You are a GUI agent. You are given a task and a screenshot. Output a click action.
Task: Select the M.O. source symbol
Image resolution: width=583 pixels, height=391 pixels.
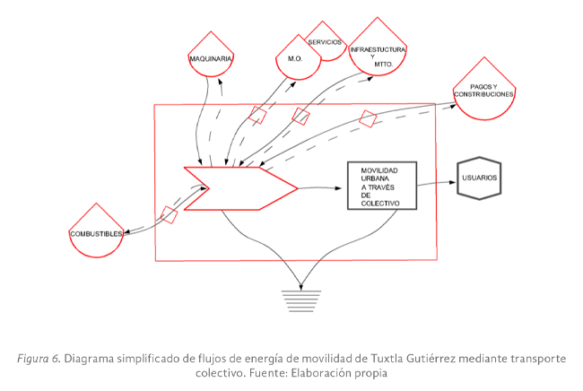pyautogui.click(x=296, y=56)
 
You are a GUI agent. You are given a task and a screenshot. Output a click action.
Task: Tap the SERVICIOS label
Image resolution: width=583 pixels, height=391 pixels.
pyautogui.click(x=325, y=43)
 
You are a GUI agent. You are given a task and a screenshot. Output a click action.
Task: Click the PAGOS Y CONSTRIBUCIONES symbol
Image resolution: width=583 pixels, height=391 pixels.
pyautogui.click(x=484, y=89)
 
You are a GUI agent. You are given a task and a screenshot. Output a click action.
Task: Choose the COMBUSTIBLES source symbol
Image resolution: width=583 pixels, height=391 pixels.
pyautogui.click(x=95, y=230)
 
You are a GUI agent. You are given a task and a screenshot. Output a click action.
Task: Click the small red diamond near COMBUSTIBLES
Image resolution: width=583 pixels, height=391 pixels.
pyautogui.click(x=169, y=213)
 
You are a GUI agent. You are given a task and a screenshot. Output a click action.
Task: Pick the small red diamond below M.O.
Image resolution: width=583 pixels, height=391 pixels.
pyautogui.click(x=258, y=115)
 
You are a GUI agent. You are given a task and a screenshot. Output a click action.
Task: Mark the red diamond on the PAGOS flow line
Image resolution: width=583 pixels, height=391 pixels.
pyautogui.click(x=368, y=118)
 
